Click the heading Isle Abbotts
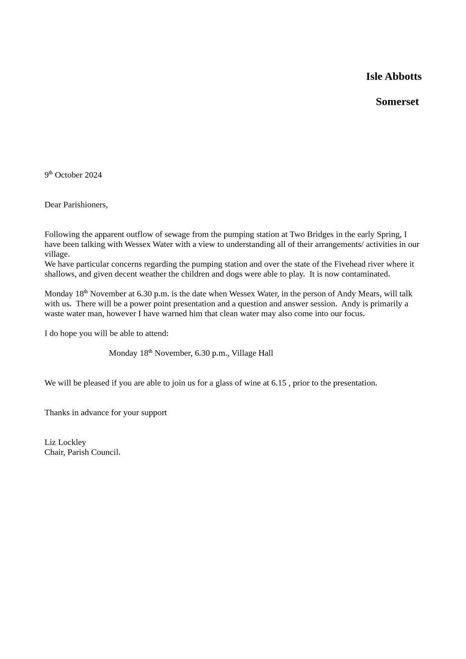pos(394,76)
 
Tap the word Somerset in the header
pos(397,102)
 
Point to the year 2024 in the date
pos(93,175)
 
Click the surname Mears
pos(369,294)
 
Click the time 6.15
pos(279,383)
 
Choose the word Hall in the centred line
pos(265,353)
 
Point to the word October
pos(68,175)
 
